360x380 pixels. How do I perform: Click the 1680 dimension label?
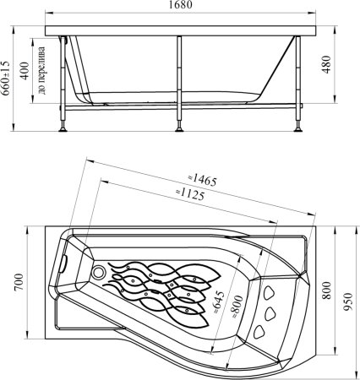pos(180,5)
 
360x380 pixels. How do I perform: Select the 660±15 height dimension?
pos(6,79)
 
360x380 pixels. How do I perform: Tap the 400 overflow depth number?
pos(25,71)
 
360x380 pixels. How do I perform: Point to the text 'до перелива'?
pos(41,70)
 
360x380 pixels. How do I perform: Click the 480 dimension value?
pos(326,64)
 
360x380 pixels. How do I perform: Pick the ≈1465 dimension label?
pos(203,181)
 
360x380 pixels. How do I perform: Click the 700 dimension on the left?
pos(19,282)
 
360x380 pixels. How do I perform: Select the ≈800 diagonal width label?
pos(237,307)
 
